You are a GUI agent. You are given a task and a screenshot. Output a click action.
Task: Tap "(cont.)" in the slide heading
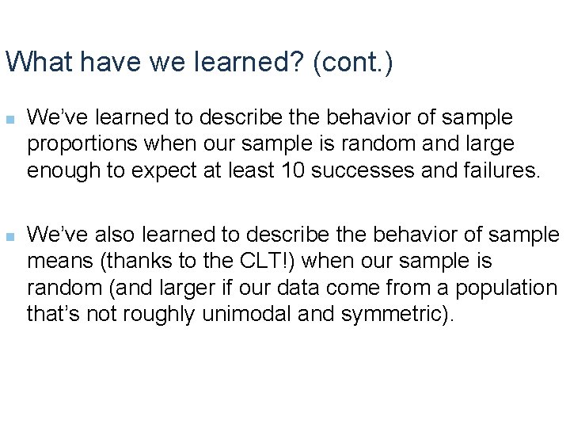click(x=353, y=62)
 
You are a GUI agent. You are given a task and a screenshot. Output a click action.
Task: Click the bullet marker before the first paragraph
click(x=9, y=120)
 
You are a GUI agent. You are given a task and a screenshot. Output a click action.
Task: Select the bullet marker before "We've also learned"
click(x=9, y=235)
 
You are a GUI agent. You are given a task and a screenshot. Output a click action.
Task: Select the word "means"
click(x=52, y=261)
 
